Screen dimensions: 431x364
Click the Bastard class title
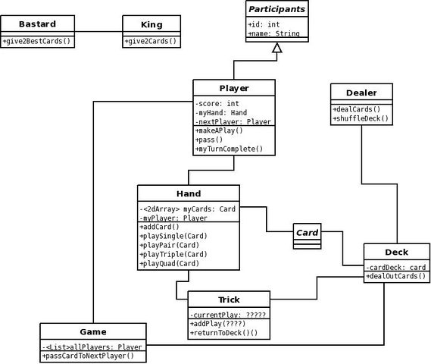pyautogui.click(x=37, y=24)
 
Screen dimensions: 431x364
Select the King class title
pyautogui.click(x=151, y=24)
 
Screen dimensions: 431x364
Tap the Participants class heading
pyautogui.click(x=276, y=9)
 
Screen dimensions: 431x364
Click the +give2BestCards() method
pyautogui.click(x=36, y=41)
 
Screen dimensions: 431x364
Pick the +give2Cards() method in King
pyautogui.click(x=151, y=41)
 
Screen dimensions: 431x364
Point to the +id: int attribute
pyautogui.click(x=264, y=24)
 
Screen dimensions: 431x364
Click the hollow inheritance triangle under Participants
pyautogui.click(x=276, y=48)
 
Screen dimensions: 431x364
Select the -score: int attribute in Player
pyautogui.click(x=217, y=104)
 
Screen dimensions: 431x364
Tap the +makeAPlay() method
pyautogui.click(x=219, y=130)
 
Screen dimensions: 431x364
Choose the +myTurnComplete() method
pyautogui.click(x=229, y=149)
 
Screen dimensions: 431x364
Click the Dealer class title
pyautogui.click(x=361, y=93)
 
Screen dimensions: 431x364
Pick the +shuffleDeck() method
pyautogui.click(x=361, y=118)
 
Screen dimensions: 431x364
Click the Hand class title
pyautogui.click(x=189, y=193)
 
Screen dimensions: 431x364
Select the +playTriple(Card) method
pyautogui.click(x=173, y=254)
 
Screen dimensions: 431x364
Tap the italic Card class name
pyautogui.click(x=307, y=233)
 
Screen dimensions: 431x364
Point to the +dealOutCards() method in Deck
pyautogui.click(x=396, y=276)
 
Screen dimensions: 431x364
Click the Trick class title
pyautogui.click(x=229, y=300)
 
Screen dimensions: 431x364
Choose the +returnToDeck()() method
pyautogui.click(x=223, y=333)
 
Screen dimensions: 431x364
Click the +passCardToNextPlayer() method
pyautogui.click(x=88, y=356)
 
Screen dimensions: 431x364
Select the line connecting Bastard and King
pyautogui.click(x=98, y=32)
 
